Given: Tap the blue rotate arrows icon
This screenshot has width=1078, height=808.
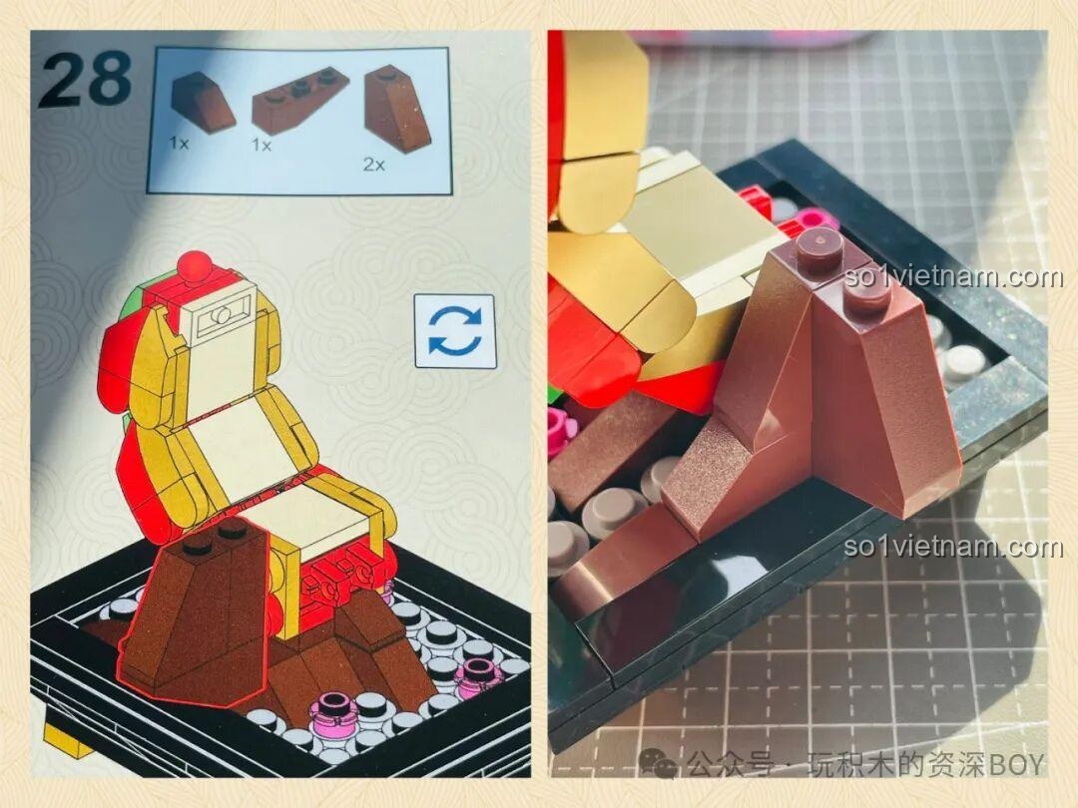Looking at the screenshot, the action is (x=454, y=331).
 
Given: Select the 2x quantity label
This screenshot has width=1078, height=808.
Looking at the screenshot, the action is (x=374, y=165).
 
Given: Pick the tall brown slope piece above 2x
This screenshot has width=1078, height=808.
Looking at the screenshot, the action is (x=398, y=109).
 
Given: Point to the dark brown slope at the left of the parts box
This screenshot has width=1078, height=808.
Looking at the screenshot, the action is (x=202, y=102).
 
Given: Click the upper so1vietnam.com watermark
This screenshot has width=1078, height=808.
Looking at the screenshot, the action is (x=953, y=277).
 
